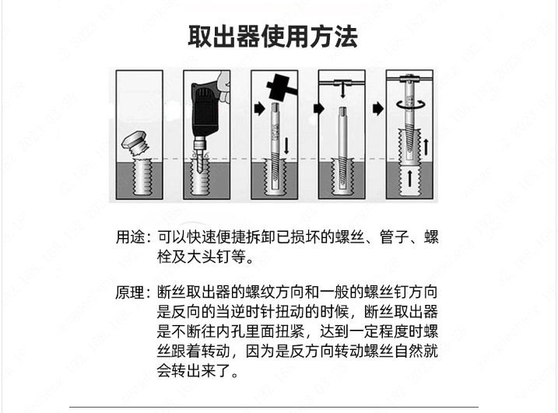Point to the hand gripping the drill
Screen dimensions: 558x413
[223, 87]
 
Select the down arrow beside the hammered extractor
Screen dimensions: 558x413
[286, 146]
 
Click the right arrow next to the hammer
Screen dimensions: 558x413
[260, 109]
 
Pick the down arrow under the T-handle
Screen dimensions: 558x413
[342, 90]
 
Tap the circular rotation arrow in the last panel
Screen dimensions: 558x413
[411, 104]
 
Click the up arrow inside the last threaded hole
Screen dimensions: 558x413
[410, 179]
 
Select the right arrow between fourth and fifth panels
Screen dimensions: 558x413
[378, 109]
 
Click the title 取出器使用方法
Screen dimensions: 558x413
[272, 37]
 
